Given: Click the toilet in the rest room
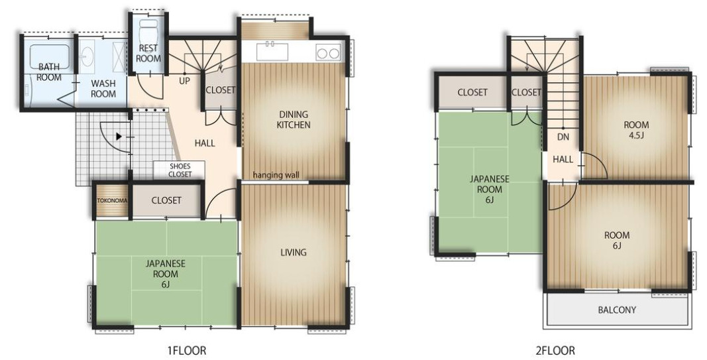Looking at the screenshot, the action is pyautogui.click(x=148, y=30).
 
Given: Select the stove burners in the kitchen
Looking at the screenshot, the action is pyautogui.click(x=328, y=53).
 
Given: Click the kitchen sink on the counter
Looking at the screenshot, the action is pyautogui.click(x=272, y=52).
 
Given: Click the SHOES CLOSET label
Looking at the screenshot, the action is pyautogui.click(x=180, y=170).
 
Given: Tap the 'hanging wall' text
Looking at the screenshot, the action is pyautogui.click(x=276, y=174).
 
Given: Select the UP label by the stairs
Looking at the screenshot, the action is pyautogui.click(x=184, y=82).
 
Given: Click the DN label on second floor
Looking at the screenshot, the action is pyautogui.click(x=563, y=137).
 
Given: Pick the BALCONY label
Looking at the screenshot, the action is pyautogui.click(x=617, y=310).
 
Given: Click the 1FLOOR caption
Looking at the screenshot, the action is pyautogui.click(x=187, y=350).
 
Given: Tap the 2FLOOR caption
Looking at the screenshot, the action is pyautogui.click(x=555, y=350).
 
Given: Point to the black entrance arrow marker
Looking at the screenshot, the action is pyautogui.click(x=119, y=136).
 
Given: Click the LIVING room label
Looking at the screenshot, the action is pyautogui.click(x=294, y=252).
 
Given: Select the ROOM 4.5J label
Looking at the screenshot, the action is pyautogui.click(x=636, y=129).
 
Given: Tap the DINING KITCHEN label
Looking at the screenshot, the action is pyautogui.click(x=294, y=119).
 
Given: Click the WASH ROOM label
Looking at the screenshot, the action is pyautogui.click(x=103, y=88).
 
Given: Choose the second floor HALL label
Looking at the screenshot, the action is pyautogui.click(x=563, y=159).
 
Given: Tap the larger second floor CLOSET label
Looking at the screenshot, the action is pyautogui.click(x=472, y=92).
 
